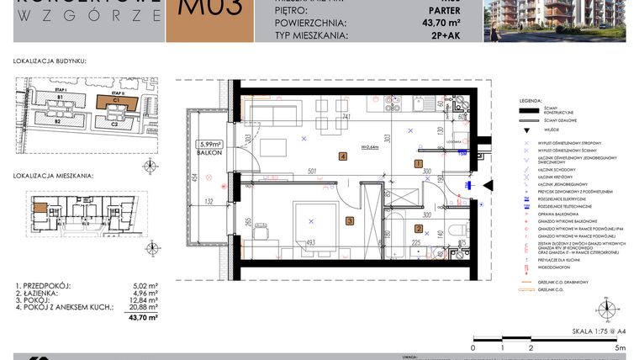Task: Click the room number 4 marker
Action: [343, 156]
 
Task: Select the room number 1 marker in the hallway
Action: [419, 163]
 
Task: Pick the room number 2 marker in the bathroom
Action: [419, 228]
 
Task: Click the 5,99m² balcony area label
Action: [210, 144]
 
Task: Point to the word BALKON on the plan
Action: [210, 153]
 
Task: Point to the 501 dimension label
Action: [310, 172]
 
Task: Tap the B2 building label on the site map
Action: [59, 122]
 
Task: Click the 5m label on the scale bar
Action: [620, 347]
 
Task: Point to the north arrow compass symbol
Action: [602, 308]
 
